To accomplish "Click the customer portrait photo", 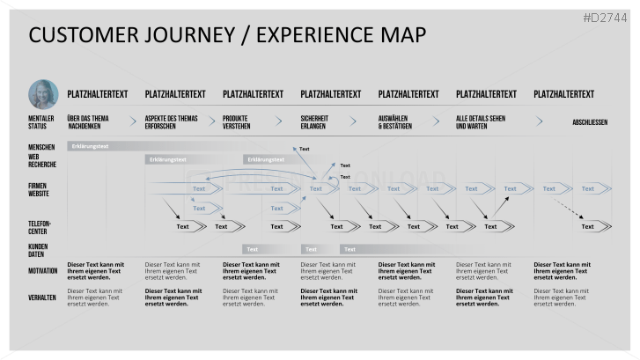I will click(x=43, y=94).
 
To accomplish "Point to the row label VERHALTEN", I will click(x=43, y=298).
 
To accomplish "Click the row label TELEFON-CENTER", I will click(x=40, y=227).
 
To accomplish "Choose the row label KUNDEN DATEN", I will click(x=38, y=250).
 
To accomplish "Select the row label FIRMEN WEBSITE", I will click(x=39, y=188).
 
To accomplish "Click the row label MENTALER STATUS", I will click(x=40, y=121).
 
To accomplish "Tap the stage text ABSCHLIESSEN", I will click(x=589, y=122).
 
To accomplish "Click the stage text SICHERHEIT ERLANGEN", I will click(x=315, y=121).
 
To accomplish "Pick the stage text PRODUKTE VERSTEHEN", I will click(x=237, y=121).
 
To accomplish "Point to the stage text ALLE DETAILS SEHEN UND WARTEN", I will click(x=481, y=121).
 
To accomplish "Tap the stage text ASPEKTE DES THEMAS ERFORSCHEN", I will click(x=172, y=121).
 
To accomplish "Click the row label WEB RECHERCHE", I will click(x=41, y=160).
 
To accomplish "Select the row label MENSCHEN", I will click(x=41, y=147).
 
